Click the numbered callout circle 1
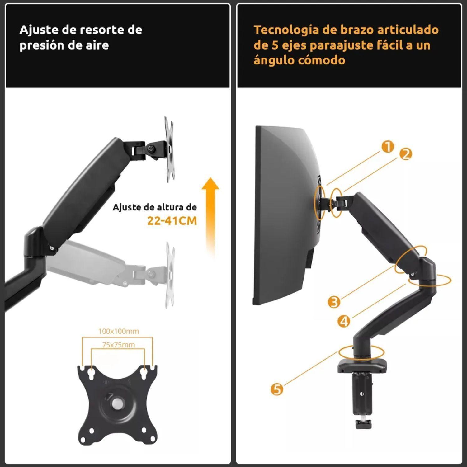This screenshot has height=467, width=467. tap(388, 146)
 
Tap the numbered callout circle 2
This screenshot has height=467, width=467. tap(405, 154)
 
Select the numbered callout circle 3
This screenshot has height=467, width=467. tap(334, 302)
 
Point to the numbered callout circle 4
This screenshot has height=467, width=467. tap(344, 321)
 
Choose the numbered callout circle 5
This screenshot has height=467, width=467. tap(277, 389)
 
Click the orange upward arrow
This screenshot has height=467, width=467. tap(210, 215)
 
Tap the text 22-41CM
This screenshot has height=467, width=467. tap(172, 221)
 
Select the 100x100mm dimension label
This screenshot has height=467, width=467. tap(119, 331)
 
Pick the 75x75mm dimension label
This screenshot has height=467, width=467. tap(118, 345)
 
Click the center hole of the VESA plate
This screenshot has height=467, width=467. tap(118, 404)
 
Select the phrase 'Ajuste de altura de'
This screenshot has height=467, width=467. tap(154, 207)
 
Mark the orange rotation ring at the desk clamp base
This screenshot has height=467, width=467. tap(361, 352)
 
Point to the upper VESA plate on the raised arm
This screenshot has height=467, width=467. tap(169, 149)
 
